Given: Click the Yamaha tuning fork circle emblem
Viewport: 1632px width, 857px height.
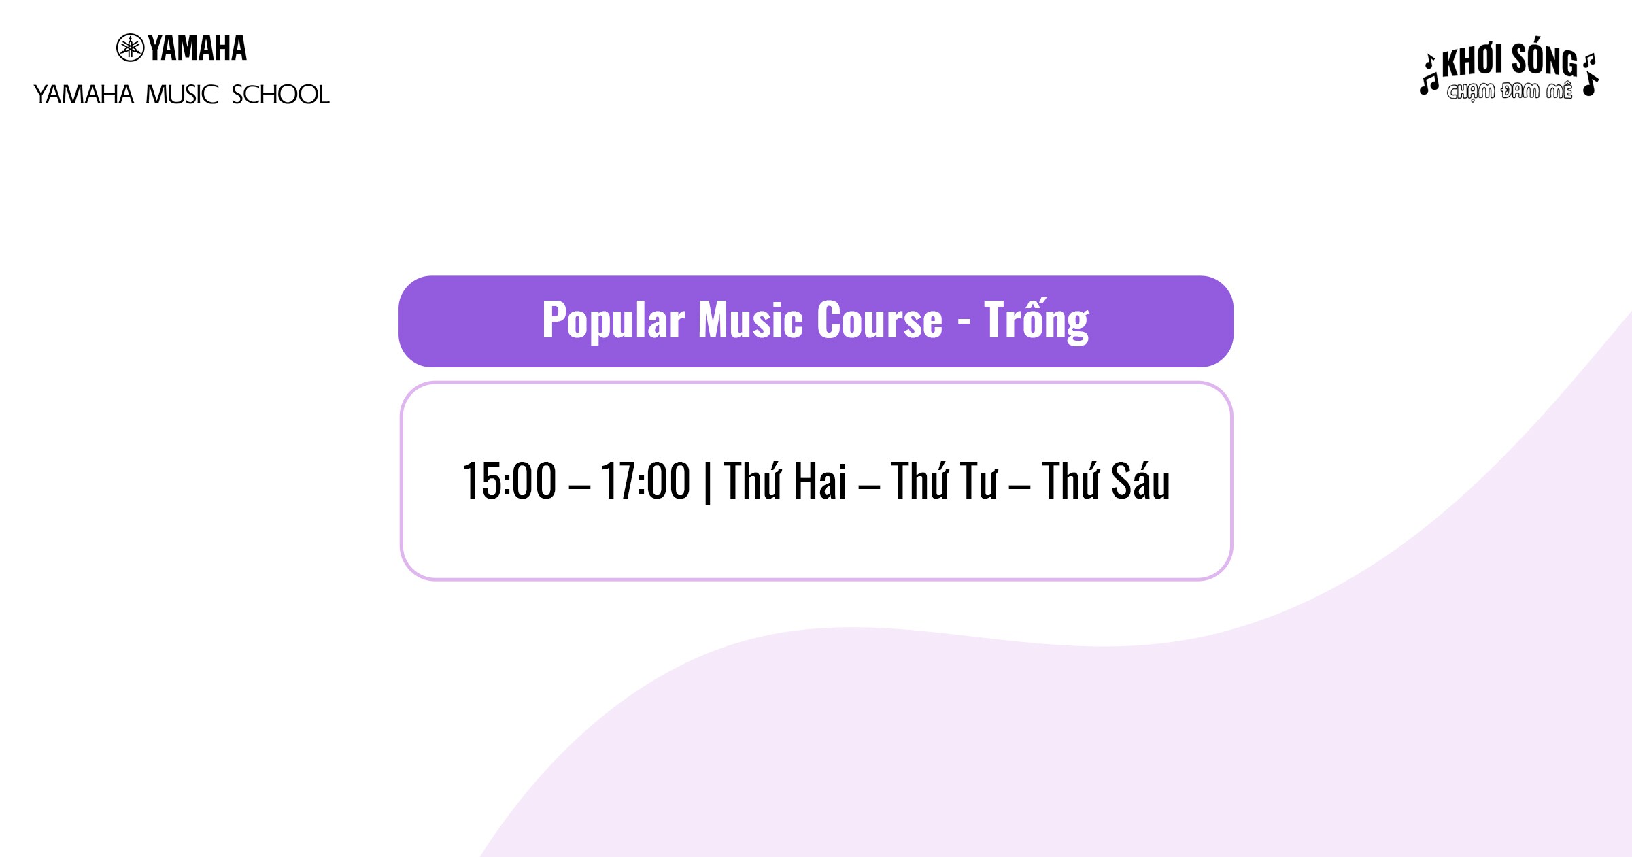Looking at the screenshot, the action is (130, 48).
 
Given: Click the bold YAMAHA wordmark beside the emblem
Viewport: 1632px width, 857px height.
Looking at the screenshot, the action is (197, 48).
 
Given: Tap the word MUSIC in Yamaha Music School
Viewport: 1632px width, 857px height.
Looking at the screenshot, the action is (182, 95).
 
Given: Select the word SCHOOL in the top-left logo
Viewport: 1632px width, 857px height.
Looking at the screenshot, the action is (280, 95).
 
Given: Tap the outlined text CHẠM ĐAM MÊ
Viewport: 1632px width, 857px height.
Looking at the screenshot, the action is (1510, 91).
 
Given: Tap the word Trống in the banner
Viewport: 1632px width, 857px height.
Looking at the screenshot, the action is (1036, 321).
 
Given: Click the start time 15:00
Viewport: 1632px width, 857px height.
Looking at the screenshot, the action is (509, 481).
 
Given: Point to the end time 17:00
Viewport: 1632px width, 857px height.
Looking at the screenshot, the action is (645, 481).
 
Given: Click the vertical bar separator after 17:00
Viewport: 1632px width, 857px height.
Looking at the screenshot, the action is (708, 482).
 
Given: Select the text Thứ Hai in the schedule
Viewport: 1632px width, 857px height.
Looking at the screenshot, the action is (785, 480).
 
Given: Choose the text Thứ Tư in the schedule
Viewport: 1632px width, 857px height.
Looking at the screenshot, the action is (945, 480).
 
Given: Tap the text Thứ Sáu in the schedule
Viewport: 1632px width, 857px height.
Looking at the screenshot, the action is (1106, 480).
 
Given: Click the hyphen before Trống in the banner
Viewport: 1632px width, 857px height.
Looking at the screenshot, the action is (964, 322).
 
